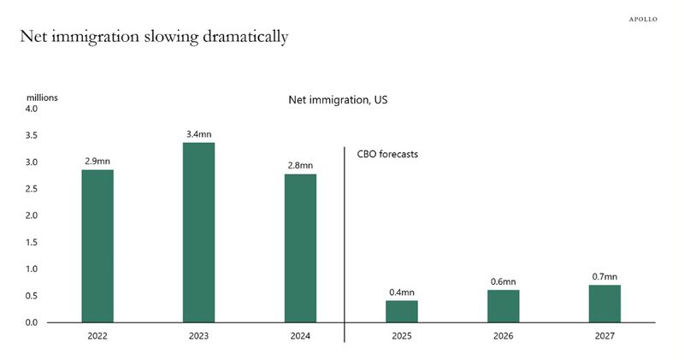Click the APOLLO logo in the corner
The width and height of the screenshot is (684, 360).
(643, 19)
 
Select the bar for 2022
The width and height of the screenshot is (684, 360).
(97, 245)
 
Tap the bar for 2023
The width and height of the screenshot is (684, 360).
(198, 232)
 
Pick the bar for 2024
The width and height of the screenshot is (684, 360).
(300, 248)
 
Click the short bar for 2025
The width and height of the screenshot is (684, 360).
(402, 311)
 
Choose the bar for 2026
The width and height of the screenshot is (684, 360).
(504, 306)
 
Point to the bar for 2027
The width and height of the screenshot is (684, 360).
(604, 304)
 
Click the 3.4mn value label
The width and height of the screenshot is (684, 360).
(198, 134)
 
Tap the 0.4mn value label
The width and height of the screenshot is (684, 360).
(402, 292)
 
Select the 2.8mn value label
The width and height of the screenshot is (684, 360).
(300, 165)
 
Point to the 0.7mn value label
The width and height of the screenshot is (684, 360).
(604, 276)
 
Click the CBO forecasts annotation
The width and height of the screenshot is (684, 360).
(386, 155)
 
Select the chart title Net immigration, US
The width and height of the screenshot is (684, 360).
(339, 100)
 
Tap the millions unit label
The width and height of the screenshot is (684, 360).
(41, 97)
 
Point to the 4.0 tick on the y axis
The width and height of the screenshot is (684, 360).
(31, 109)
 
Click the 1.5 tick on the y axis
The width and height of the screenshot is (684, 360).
(31, 242)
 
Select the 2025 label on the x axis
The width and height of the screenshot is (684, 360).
(402, 336)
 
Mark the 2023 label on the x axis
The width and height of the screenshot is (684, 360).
(198, 336)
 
